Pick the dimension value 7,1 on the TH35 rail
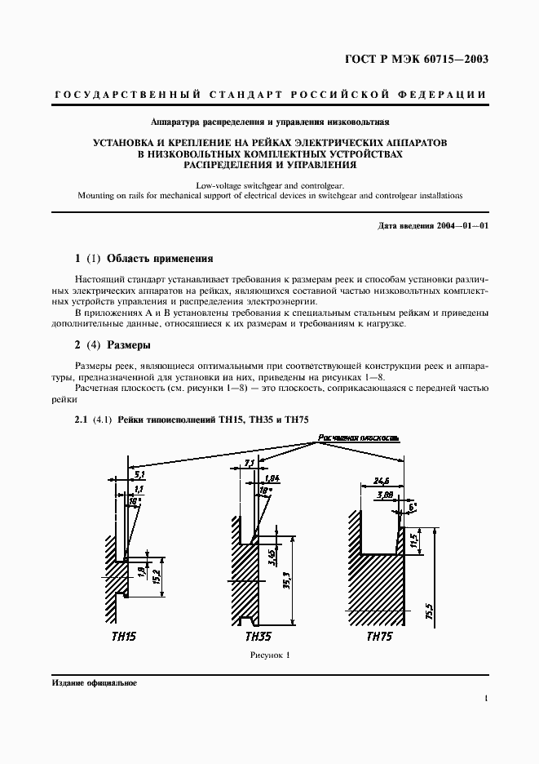[250, 464]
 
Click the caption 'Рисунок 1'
[269, 655]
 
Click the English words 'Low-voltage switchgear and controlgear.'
[268, 186]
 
